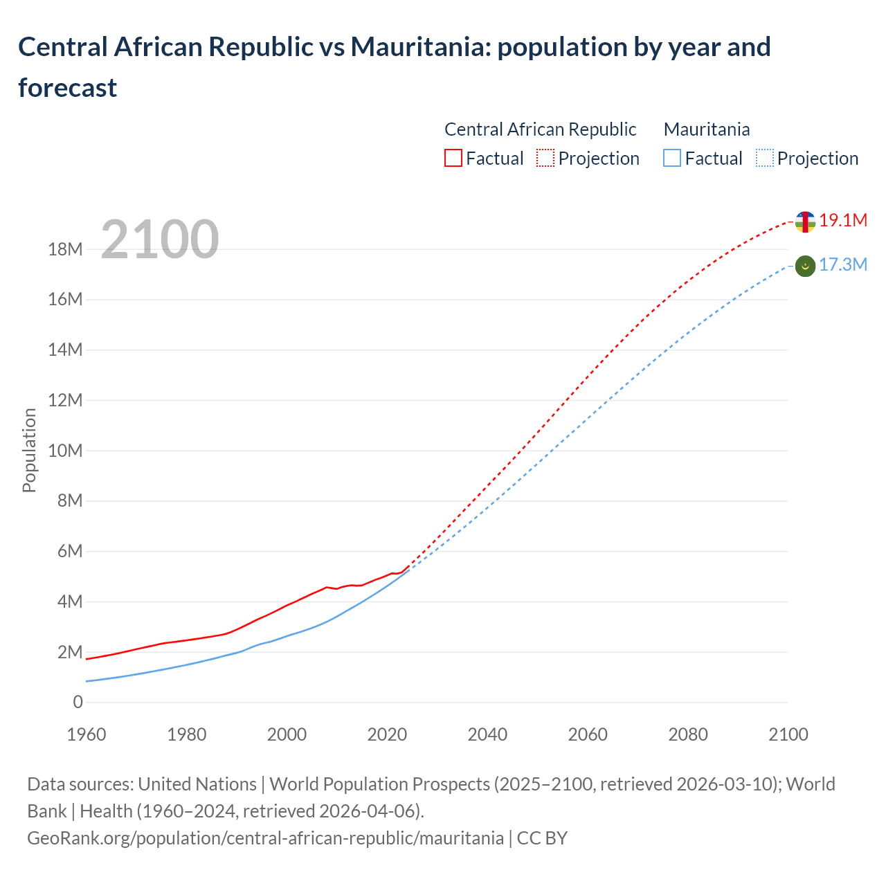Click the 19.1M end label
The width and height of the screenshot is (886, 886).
[x=842, y=221]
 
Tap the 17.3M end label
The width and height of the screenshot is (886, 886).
[x=842, y=265]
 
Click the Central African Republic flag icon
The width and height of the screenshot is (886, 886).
[x=805, y=221]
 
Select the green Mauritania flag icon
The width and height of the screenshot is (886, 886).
[x=805, y=266]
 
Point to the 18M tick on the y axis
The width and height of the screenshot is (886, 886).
[x=65, y=249]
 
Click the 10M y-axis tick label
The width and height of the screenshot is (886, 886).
[x=65, y=451]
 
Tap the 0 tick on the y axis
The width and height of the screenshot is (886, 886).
[x=78, y=703]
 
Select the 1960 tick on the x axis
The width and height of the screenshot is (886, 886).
[x=87, y=734]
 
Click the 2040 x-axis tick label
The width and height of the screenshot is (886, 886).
[x=487, y=734]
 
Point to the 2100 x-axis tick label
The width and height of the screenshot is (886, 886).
[x=788, y=734]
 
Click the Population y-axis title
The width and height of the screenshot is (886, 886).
[x=29, y=450]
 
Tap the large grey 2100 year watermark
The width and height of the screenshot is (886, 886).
[x=160, y=239]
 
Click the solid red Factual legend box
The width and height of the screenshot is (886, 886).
[x=453, y=159]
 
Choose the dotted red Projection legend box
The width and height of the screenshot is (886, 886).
[x=545, y=159]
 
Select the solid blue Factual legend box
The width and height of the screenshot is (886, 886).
[x=671, y=159]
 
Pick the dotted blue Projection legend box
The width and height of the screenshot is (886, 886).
[x=764, y=159]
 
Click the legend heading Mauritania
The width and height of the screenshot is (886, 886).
[x=706, y=129]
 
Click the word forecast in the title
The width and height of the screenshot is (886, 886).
[x=68, y=88]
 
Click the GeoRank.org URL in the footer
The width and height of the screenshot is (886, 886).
[x=265, y=838]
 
